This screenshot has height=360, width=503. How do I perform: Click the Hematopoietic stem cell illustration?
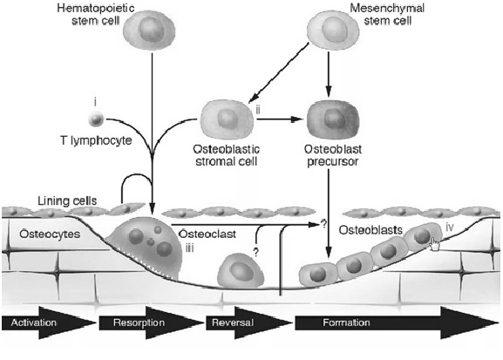point(149,30)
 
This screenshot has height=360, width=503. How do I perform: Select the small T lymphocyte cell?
point(96,119)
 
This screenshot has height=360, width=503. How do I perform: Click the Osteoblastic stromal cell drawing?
point(227,119)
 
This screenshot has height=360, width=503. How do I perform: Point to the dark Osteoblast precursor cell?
point(333,119)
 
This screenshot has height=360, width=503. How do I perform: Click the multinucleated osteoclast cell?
point(146,247)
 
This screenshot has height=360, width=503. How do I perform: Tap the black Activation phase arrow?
point(49,323)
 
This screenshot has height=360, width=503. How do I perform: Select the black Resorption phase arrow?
point(151,323)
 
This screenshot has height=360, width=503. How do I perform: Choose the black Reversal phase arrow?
point(249,323)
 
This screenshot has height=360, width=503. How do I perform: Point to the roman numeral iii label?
point(189,248)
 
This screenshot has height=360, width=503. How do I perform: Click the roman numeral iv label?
point(450,228)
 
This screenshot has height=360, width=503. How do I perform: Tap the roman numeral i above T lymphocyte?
point(95,102)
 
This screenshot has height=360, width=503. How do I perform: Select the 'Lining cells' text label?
point(67,200)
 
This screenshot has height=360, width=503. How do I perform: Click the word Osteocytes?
point(50,234)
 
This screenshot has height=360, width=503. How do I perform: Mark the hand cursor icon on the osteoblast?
point(434,244)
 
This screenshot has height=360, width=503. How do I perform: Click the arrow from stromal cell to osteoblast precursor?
point(280,119)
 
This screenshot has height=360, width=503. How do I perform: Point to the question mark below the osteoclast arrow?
point(255,253)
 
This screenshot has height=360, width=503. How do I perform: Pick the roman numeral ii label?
point(258,111)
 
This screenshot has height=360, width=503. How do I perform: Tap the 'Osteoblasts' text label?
point(370,230)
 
